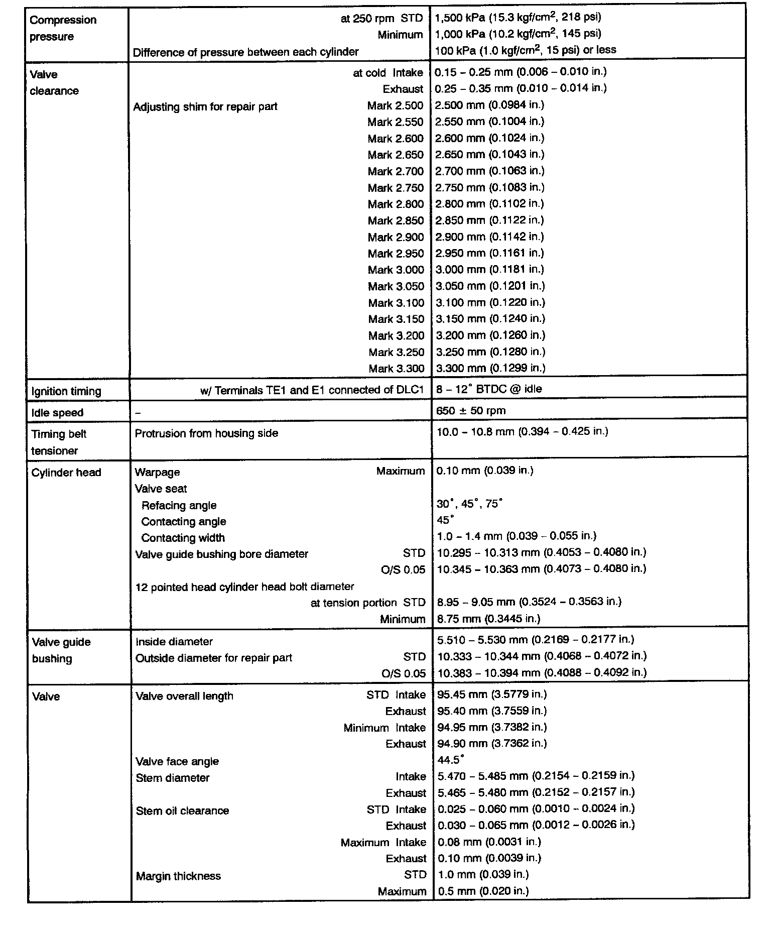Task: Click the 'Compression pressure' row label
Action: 63,28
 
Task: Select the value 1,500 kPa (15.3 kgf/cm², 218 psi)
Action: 518,18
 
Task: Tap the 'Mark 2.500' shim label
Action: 395,105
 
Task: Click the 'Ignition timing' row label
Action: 66,391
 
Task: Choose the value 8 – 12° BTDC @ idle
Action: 489,389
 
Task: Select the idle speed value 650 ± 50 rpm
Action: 471,410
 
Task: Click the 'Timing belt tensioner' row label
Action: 59,442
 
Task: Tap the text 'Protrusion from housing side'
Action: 206,433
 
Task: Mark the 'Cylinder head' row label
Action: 66,473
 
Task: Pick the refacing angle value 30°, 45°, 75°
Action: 469,504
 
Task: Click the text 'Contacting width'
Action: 183,538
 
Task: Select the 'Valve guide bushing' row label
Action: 61,650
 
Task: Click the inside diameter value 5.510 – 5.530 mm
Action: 536,639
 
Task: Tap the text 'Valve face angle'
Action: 177,761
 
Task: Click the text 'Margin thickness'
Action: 178,876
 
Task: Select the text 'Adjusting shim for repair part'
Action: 205,106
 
